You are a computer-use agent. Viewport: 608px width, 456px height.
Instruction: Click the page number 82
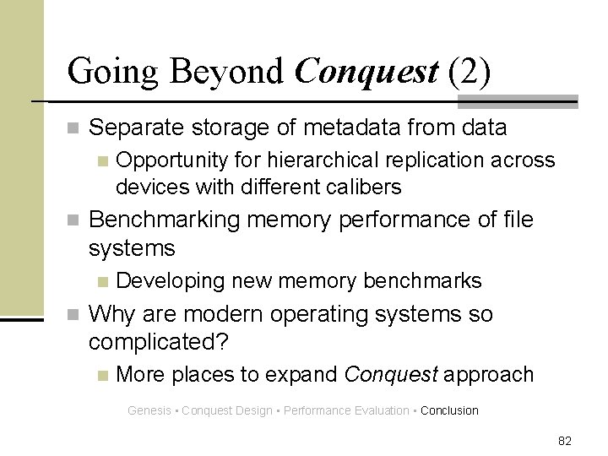[565, 440]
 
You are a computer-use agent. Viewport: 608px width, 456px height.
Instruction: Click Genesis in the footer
[148, 411]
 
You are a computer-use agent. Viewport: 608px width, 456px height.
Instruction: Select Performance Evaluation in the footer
[347, 411]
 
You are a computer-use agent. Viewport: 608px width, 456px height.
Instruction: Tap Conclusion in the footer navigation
[449, 411]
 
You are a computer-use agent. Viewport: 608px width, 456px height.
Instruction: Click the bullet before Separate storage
[75, 129]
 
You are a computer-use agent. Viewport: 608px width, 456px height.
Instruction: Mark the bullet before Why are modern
[75, 316]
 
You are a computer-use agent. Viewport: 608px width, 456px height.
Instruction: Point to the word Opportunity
[171, 160]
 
